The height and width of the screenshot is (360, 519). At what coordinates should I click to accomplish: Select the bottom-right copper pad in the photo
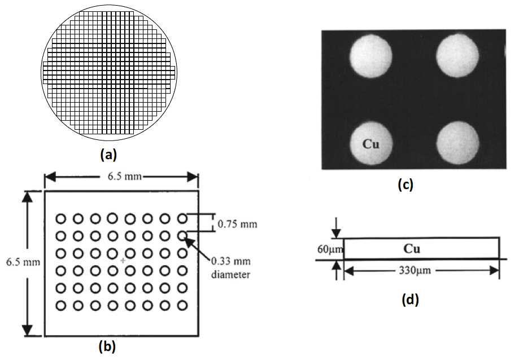click(x=458, y=141)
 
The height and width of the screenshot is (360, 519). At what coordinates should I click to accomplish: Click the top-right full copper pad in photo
click(x=458, y=55)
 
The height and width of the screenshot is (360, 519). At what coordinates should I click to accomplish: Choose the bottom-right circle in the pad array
click(x=182, y=306)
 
